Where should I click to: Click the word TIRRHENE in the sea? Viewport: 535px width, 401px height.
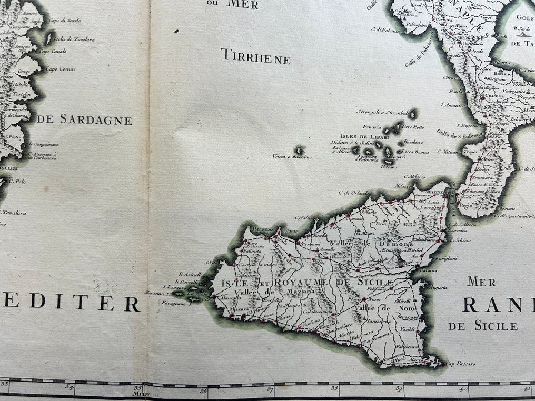click(255, 59)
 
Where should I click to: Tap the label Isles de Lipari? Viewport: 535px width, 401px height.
click(359, 135)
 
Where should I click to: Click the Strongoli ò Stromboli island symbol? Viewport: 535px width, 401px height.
click(413, 113)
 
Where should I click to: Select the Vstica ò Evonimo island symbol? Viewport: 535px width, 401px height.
click(301, 150)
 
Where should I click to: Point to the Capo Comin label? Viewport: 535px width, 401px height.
click(60, 69)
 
